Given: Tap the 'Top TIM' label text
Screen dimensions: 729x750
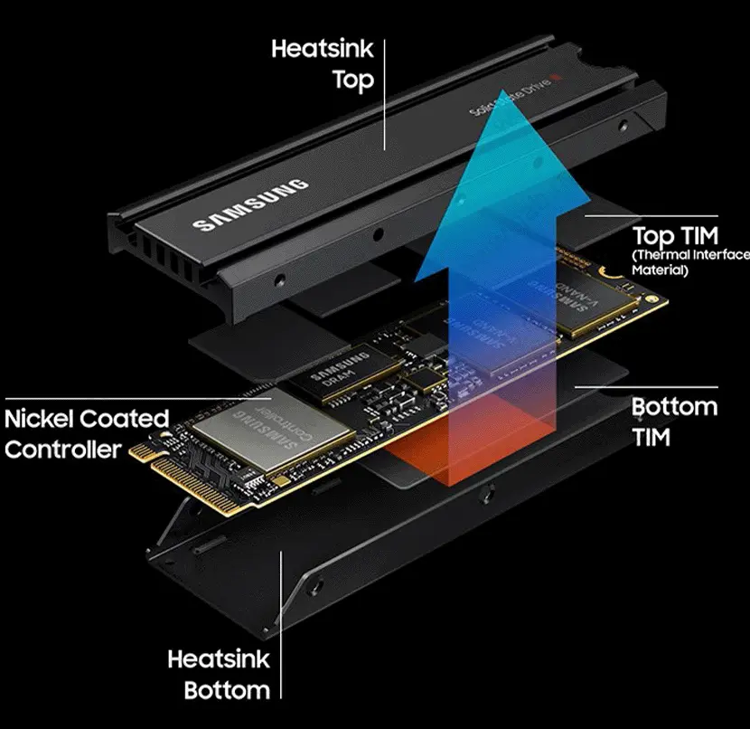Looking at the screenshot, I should tap(675, 237).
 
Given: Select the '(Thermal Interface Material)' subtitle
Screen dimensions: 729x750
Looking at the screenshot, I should tap(689, 262).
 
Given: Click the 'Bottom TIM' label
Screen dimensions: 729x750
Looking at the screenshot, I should tap(674, 421).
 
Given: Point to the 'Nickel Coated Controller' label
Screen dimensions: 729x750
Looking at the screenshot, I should tap(87, 433).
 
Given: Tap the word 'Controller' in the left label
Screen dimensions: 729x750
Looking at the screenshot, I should tap(62, 449).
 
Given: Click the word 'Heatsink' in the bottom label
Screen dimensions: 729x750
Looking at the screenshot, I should tap(219, 659).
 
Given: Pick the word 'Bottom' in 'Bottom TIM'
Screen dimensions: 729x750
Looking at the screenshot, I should tap(674, 406).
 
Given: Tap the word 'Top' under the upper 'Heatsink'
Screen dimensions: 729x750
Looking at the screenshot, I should tap(352, 80).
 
